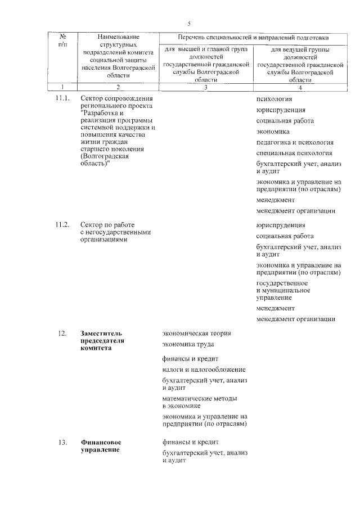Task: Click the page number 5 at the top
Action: pos(189,23)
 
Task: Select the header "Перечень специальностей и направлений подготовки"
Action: pos(253,37)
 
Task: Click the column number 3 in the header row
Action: pos(205,87)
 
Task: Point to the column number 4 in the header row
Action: pos(300,87)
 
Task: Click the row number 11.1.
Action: pos(62,99)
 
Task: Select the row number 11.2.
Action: pos(62,225)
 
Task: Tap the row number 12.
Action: pos(62,334)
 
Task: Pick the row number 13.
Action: pos(62,442)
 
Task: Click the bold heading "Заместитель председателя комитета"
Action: pos(103,340)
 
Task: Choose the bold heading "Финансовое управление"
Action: pos(102,446)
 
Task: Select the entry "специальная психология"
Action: pos(294,153)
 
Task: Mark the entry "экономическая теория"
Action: pos(196,333)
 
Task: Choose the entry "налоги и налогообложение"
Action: pos(203,369)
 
